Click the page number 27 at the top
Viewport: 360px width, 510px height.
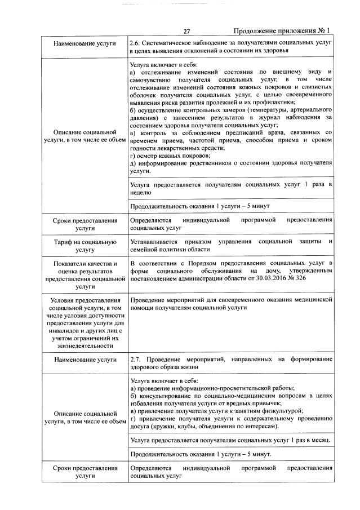(x=187, y=31)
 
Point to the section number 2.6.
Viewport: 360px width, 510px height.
(x=135, y=43)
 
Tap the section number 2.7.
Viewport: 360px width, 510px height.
(x=135, y=358)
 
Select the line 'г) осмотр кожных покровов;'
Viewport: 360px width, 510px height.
(x=170, y=156)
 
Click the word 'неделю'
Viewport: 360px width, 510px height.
(x=140, y=192)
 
